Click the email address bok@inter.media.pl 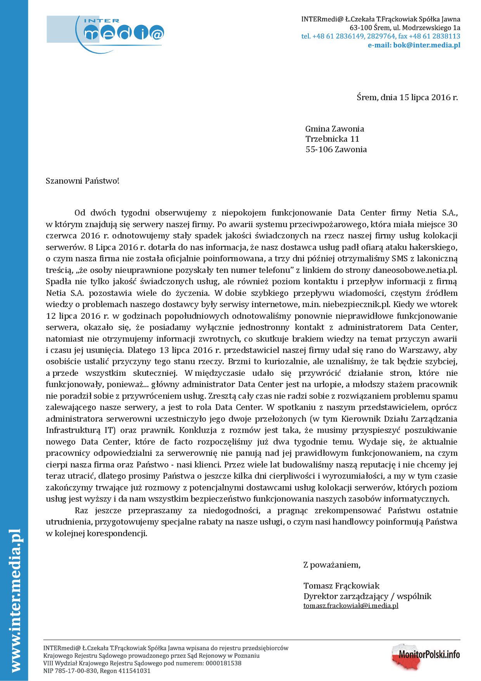coord(414,45)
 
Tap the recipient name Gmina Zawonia coord(335,129)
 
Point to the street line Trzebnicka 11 coord(332,139)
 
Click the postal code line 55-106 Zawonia coord(336,149)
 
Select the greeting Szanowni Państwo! coord(83,181)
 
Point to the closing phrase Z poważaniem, coord(332,565)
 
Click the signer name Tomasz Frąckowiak coord(342,585)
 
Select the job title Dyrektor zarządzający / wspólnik coord(367,596)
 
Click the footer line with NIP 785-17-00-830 coord(97,671)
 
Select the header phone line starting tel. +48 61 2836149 coord(381,36)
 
